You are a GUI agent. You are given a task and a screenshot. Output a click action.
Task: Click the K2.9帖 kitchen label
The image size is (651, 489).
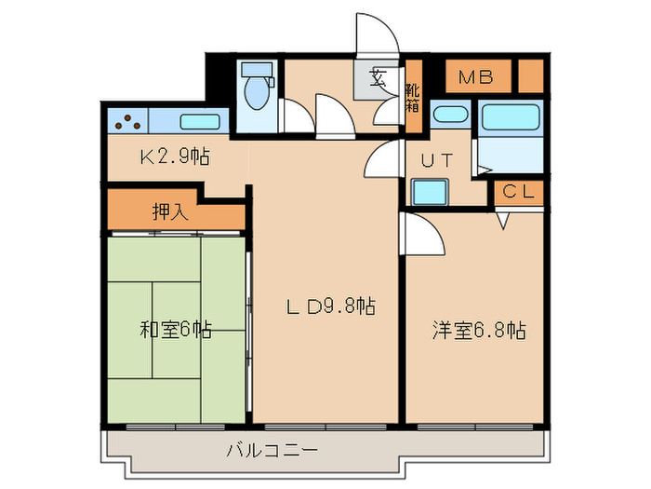point(174,156)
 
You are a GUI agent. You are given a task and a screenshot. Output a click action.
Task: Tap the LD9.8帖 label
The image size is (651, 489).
point(329,306)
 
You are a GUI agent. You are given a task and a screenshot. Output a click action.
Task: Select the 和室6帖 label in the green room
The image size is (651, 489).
point(176,329)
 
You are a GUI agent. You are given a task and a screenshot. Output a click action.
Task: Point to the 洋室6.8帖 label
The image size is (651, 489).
point(479,330)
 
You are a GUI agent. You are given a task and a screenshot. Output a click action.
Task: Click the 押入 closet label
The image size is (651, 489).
point(170,211)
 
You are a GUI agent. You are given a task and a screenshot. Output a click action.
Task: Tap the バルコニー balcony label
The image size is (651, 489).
point(272,450)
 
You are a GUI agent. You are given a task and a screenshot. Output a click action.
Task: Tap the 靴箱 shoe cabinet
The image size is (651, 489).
point(412,98)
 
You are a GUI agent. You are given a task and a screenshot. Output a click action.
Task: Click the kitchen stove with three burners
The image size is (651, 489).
point(127,120)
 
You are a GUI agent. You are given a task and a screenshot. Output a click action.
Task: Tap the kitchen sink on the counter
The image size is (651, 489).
point(198,121)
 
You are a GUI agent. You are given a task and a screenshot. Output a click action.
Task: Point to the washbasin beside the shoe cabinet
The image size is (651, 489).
point(451,115)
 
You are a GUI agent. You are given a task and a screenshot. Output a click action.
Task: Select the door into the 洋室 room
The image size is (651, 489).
point(423,233)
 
